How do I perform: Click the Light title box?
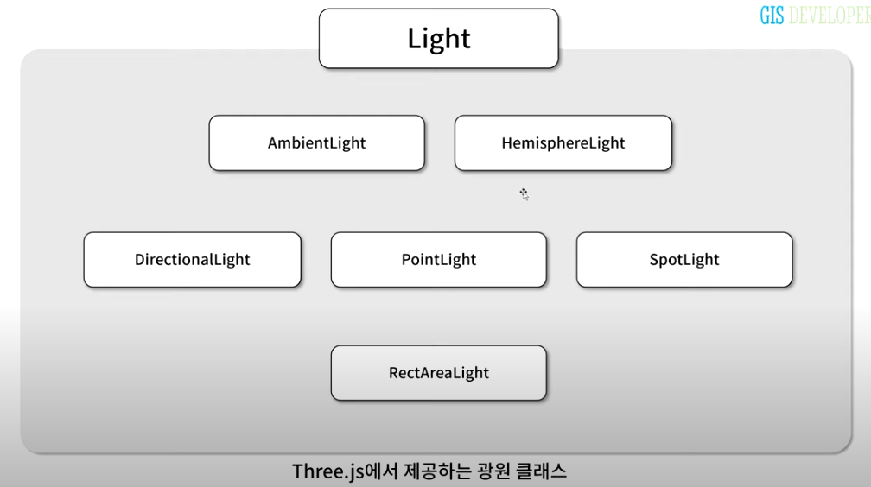tap(438, 39)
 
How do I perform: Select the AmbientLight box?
tap(316, 143)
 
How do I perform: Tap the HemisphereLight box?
tap(563, 143)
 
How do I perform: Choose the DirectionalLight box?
tap(192, 260)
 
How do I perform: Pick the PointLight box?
tap(438, 260)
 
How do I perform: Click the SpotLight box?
tap(683, 260)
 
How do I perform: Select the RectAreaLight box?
tap(438, 373)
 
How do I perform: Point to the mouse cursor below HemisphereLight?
tap(524, 194)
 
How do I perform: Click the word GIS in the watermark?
tap(772, 16)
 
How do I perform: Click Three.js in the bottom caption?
tap(329, 471)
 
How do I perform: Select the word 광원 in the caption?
tap(488, 471)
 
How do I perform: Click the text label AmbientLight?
tap(316, 143)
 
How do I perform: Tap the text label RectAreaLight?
tap(438, 373)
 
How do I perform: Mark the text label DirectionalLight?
tap(192, 260)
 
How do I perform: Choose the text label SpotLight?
tap(683, 260)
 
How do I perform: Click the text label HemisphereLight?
tap(563, 143)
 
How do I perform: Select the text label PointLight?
tap(438, 260)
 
